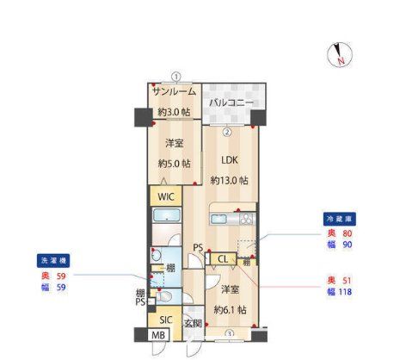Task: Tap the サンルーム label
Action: pyautogui.click(x=174, y=92)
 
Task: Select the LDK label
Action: pyautogui.click(x=228, y=160)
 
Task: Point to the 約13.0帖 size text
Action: pyautogui.click(x=229, y=181)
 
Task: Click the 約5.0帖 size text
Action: pyautogui.click(x=175, y=163)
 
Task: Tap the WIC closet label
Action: pyautogui.click(x=165, y=196)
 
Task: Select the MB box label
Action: pyautogui.click(x=159, y=336)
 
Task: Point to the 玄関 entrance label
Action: pyautogui.click(x=193, y=324)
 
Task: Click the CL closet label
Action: pyautogui.click(x=222, y=258)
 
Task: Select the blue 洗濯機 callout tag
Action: pyautogui.click(x=51, y=260)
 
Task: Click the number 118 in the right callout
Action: pyautogui.click(x=346, y=294)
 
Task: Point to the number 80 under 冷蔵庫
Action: pyautogui.click(x=348, y=233)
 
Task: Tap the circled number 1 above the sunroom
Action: pyautogui.click(x=175, y=77)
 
